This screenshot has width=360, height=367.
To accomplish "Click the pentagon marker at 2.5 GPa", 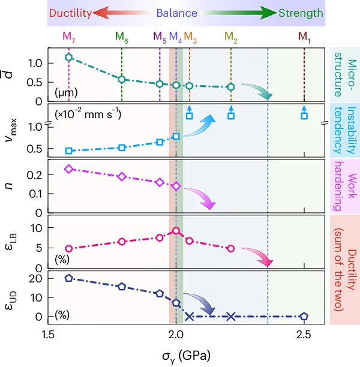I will coord(304,316).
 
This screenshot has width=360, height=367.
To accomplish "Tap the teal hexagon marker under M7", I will coord(69,58).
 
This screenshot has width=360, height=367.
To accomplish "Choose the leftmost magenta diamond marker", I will coord(69,169).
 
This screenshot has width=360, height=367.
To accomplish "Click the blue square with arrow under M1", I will coord(304,115).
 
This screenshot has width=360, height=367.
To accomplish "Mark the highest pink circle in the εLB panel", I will coord(176,231).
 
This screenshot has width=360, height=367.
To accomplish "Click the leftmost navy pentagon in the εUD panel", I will coord(69,278).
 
